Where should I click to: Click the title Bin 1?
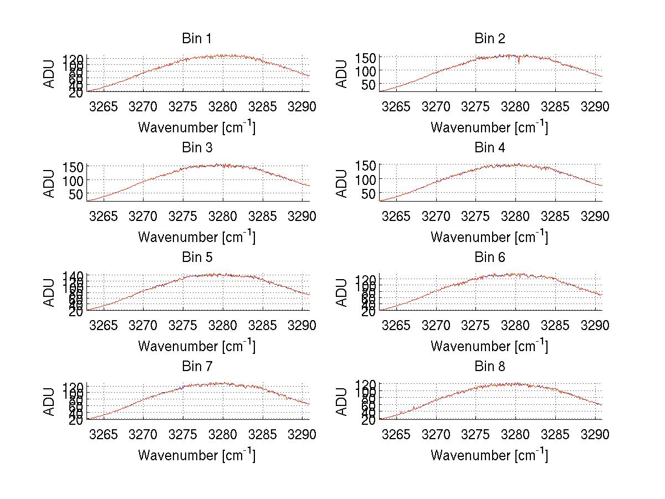coord(196,39)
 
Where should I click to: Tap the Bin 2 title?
coord(490,39)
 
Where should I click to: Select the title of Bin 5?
coord(196,258)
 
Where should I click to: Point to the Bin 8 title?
coord(490,367)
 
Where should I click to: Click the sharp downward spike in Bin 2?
coord(519,63)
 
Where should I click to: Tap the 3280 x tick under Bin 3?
coord(223,215)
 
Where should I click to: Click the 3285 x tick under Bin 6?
coord(555,325)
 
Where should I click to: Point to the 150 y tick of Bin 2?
coord(370,58)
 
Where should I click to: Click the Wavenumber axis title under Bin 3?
coord(197,236)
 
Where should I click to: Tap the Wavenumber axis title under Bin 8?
coord(489,455)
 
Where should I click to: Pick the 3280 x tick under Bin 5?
coord(223,325)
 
